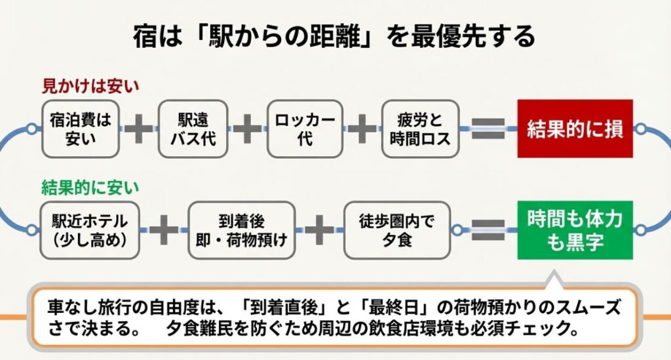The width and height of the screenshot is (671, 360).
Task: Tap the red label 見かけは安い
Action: tap(91, 85)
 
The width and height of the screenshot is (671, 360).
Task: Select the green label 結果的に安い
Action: tap(91, 188)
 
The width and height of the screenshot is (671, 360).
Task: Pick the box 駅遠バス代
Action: tap(193, 129)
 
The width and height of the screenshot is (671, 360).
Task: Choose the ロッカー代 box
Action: tap(305, 129)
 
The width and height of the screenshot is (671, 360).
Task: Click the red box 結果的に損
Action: tap(575, 129)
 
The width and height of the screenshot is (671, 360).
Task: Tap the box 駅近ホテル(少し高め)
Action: tap(90, 230)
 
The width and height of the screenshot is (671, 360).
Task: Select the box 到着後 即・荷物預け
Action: tap(242, 230)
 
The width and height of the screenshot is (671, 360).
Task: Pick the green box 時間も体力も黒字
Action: tap(575, 230)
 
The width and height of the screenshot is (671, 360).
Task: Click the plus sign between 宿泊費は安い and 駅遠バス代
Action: tap(138, 129)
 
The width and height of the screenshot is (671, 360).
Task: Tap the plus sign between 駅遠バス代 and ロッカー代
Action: tap(247, 129)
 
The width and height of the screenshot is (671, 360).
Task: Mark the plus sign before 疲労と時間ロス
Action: tap(361, 129)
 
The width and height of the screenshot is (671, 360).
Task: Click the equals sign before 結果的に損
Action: tap(488, 129)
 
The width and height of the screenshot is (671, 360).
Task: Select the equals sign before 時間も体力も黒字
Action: tap(488, 230)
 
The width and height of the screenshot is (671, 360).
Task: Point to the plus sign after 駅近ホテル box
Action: tap(164, 230)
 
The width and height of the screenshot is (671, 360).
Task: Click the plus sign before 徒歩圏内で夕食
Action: tap(320, 230)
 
